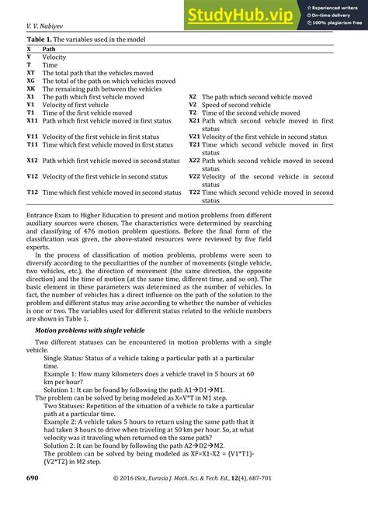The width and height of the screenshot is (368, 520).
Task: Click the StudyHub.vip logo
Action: (x=240, y=14)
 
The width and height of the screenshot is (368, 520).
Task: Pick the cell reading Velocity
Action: (x=54, y=57)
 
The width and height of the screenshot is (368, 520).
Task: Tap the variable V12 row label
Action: (x=32, y=176)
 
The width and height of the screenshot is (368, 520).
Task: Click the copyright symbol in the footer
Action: (x=116, y=499)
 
